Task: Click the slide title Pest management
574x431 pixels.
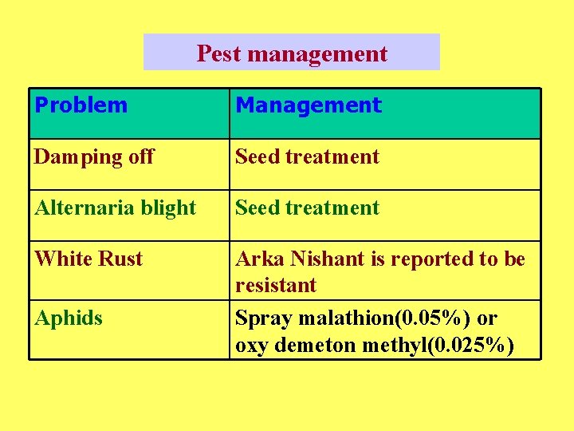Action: tap(292, 53)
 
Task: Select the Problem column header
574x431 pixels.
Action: tap(81, 105)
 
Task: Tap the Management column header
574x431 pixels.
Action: tap(309, 105)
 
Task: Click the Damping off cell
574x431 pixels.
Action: tap(94, 157)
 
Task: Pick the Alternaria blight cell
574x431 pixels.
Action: tap(115, 208)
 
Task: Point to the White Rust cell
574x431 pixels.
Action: tap(88, 259)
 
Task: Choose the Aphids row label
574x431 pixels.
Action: tap(69, 318)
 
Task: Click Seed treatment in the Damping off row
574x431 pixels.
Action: tap(307, 157)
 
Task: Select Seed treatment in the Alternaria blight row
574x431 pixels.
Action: tap(307, 208)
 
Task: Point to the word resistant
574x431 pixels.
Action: tap(275, 285)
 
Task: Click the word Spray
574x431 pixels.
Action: tap(263, 318)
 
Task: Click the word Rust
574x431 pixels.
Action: tap(122, 259)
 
